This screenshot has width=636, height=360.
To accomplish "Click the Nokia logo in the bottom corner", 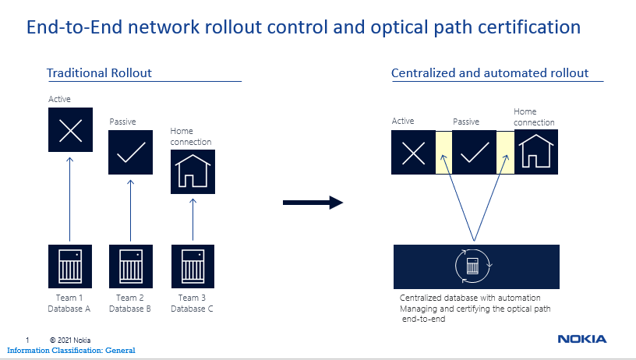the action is (582, 339).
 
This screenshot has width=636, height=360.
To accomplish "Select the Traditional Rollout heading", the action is (99, 73).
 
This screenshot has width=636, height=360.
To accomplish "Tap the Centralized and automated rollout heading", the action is (489, 73).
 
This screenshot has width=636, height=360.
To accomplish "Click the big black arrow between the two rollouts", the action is (313, 203).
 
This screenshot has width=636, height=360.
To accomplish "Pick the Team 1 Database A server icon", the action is (70, 266).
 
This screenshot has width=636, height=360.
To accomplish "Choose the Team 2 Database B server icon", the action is (131, 266).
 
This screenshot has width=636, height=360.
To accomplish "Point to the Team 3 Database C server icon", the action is (193, 266).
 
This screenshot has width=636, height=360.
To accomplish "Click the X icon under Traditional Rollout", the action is (71, 129).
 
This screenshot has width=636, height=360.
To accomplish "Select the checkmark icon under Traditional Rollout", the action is (131, 153).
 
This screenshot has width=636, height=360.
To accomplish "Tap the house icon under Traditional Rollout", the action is (193, 172).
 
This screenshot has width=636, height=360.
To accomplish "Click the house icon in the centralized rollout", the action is (536, 152).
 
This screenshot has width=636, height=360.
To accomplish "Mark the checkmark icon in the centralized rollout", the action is (474, 153).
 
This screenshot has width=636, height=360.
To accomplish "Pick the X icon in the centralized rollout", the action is (413, 153).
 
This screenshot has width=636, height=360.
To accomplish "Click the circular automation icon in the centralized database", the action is (473, 266).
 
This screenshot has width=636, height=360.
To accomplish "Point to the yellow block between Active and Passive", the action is (443, 153).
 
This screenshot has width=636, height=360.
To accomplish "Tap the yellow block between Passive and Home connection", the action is (505, 153).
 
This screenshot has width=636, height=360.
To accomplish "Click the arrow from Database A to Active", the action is (70, 199).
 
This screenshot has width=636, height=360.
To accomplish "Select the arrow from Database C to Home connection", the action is (193, 219).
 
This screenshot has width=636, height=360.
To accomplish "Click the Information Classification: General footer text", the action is (71, 351).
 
